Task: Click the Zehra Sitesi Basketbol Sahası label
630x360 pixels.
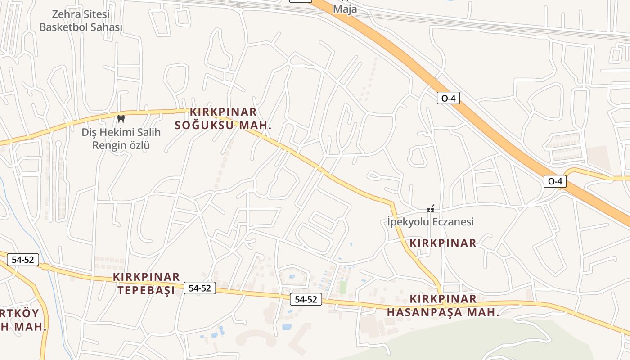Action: click(x=81, y=21)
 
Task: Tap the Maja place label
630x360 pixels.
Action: click(x=346, y=9)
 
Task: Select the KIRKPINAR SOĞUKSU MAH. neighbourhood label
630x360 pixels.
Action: click(x=223, y=118)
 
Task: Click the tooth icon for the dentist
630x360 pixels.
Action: click(x=121, y=119)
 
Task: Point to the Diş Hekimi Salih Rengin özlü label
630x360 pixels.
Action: click(x=121, y=139)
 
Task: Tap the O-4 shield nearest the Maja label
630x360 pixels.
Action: click(x=448, y=98)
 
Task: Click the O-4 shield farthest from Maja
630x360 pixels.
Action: click(x=555, y=181)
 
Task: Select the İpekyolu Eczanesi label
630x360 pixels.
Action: click(x=431, y=222)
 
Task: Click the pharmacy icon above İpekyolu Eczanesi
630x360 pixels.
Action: click(x=431, y=209)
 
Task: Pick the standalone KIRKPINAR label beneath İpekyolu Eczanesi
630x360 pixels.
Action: click(x=443, y=243)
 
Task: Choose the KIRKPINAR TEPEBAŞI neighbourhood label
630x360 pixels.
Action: click(x=146, y=283)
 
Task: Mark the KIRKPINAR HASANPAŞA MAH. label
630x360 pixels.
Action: click(x=443, y=306)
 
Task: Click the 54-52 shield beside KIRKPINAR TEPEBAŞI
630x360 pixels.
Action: click(x=200, y=288)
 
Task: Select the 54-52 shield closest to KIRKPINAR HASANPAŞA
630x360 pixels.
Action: click(x=306, y=299)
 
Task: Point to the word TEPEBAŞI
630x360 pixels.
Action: click(x=146, y=290)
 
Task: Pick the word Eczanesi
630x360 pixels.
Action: click(x=453, y=222)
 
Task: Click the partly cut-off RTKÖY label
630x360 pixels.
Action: click(x=20, y=313)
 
